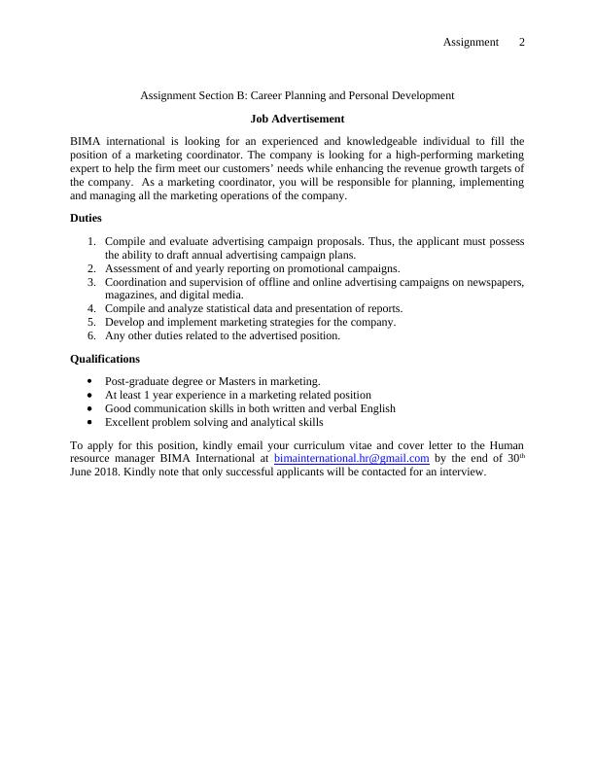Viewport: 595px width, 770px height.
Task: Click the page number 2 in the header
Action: [x=522, y=42]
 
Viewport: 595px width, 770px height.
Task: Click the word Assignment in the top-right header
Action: [x=471, y=42]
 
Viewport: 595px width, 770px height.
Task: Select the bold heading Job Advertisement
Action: [x=297, y=119]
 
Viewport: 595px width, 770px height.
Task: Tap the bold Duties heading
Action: [x=86, y=218]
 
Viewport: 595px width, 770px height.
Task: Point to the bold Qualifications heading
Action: [x=105, y=358]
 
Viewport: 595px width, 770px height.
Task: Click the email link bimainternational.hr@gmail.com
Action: [x=352, y=457]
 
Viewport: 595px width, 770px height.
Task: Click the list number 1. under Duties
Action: [x=91, y=241]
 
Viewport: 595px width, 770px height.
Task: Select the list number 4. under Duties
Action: [x=91, y=308]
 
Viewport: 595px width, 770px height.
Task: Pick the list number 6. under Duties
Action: [x=91, y=335]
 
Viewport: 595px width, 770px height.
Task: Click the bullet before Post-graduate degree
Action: [x=91, y=381]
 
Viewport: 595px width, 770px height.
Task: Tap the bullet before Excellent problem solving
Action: [x=91, y=422]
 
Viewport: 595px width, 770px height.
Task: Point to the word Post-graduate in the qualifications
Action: [x=137, y=381]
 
